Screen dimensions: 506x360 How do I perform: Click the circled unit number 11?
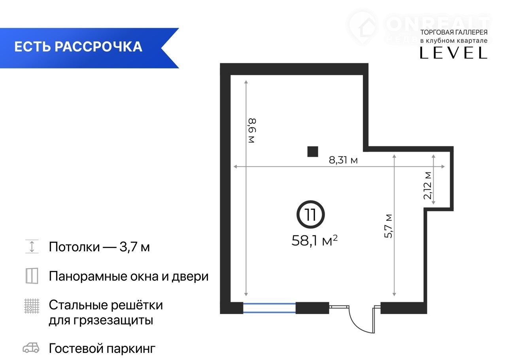(x=311, y=214)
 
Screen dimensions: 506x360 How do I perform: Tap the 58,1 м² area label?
(x=314, y=241)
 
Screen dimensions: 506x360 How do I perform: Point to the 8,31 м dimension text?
(x=343, y=160)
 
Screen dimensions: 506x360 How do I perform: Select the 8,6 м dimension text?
(x=252, y=131)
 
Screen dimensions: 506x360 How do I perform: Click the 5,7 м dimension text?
(x=388, y=226)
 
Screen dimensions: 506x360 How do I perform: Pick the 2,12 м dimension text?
(x=427, y=186)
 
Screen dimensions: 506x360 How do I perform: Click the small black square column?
(x=313, y=152)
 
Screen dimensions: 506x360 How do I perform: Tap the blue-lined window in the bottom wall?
(x=269, y=308)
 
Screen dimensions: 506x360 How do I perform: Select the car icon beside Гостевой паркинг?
(x=31, y=348)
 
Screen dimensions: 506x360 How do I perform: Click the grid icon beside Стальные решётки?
(x=32, y=306)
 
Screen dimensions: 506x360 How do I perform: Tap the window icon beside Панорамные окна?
(x=32, y=276)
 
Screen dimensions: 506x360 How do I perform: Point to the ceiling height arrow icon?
(x=32, y=246)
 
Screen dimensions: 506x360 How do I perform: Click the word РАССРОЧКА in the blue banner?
(x=98, y=47)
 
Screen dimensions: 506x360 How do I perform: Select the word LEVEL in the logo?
(x=453, y=53)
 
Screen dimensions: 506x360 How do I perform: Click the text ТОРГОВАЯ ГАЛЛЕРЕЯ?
(x=453, y=32)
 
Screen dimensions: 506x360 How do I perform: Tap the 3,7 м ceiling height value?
(x=135, y=247)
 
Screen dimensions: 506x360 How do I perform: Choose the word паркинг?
(x=131, y=349)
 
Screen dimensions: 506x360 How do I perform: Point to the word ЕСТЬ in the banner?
(x=32, y=47)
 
